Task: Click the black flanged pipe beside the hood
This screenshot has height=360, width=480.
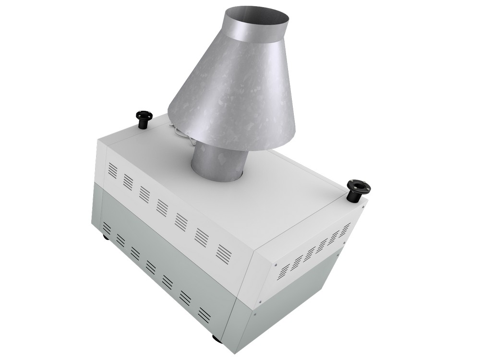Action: (143, 119)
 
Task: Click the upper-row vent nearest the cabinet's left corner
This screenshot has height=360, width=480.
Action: (112, 169)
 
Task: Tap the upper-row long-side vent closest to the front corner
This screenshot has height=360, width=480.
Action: (224, 253)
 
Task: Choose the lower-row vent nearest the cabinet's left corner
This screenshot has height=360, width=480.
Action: (107, 228)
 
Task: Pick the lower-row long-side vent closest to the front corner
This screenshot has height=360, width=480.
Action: (204, 314)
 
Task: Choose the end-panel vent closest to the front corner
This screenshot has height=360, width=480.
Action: (284, 271)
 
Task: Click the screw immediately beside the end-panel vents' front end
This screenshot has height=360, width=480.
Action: (276, 264)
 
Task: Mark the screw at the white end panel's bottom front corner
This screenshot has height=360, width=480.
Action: (260, 302)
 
